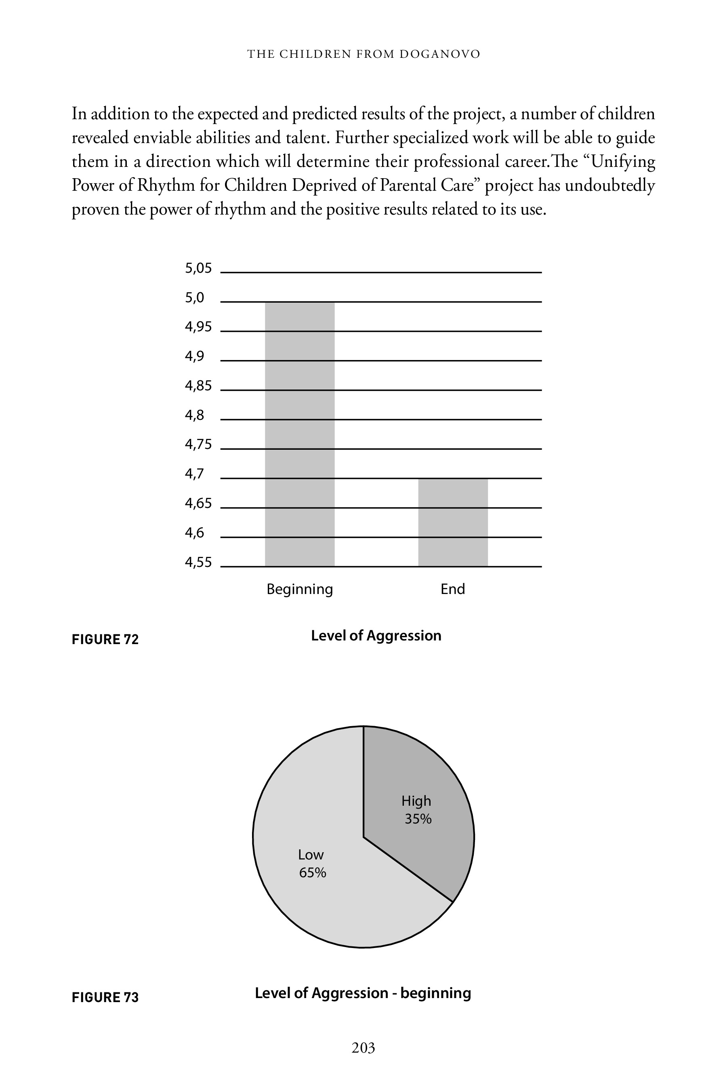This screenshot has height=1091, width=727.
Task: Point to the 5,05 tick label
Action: pos(198,268)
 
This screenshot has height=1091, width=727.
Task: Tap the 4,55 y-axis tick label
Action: pos(198,562)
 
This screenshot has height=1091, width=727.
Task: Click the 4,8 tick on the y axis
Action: pos(194,415)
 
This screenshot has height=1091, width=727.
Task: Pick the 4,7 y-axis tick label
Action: pos(194,474)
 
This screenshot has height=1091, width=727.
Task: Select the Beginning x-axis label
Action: pos(300,589)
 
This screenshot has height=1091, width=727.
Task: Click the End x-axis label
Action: pos(452,589)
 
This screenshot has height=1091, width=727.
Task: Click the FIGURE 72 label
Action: pos(105,640)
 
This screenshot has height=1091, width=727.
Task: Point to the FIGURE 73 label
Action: pos(105,997)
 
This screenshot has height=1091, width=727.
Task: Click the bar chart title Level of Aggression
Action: pos(376,636)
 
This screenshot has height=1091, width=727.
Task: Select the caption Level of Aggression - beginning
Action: pos(363,993)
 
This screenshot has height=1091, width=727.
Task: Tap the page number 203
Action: pos(363,1048)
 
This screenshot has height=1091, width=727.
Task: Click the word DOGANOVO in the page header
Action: pos(439,54)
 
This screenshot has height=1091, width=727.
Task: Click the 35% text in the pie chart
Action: pos(418,819)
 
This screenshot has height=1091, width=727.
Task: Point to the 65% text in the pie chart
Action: pos(313,873)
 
